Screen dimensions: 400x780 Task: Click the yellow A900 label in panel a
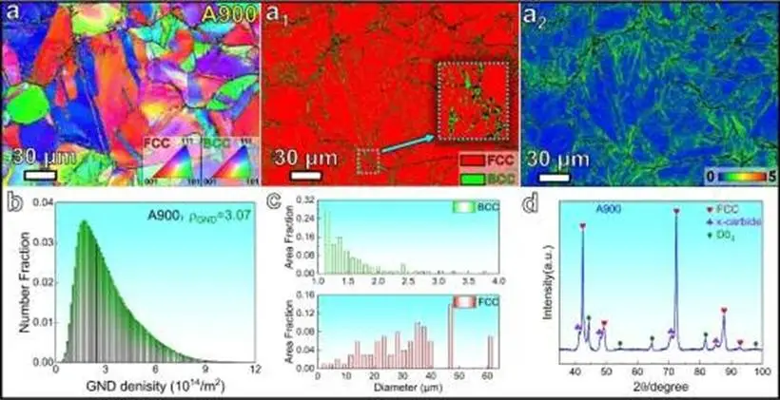(x=229, y=13)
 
